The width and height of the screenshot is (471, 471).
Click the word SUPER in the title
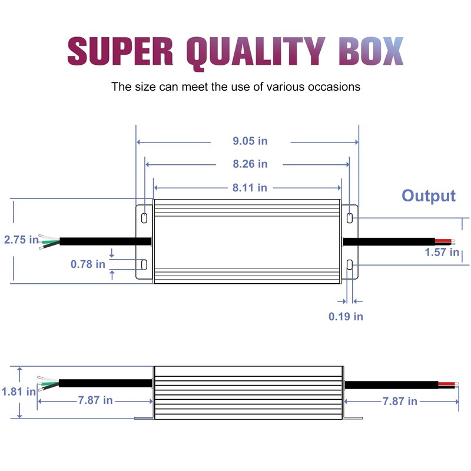[x=120, y=51]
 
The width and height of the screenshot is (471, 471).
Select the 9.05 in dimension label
[x=250, y=141]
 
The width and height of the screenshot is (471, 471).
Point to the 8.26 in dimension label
[x=250, y=164]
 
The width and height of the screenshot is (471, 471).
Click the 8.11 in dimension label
[x=250, y=188]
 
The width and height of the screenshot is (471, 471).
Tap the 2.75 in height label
[x=21, y=240]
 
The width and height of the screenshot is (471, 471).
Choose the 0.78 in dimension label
[x=88, y=264]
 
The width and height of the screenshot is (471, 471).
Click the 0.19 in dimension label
[x=346, y=316]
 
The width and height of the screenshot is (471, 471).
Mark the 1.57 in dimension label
[x=442, y=253]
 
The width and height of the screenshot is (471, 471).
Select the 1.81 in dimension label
[x=18, y=392]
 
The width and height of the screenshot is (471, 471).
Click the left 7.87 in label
[x=95, y=400]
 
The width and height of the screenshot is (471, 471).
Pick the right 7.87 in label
[x=400, y=402]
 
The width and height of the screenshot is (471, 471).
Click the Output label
[x=429, y=196]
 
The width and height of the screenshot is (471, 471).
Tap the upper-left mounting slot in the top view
[x=144, y=218]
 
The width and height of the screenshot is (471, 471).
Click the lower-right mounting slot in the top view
[x=350, y=264]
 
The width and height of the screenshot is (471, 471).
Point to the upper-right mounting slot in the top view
[x=350, y=218]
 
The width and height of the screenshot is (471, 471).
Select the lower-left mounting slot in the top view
[x=144, y=264]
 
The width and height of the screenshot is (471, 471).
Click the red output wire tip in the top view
[x=443, y=241]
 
